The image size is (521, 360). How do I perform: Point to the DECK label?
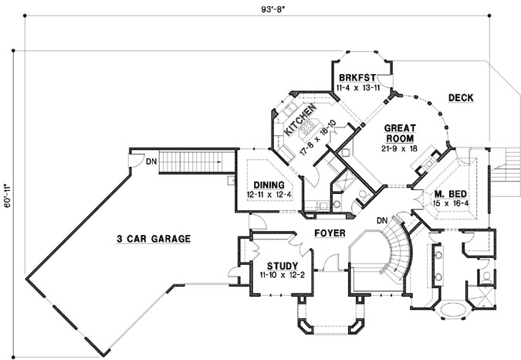tap(460, 97)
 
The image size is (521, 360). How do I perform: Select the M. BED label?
tap(448, 193)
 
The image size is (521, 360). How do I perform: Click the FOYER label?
tap(330, 232)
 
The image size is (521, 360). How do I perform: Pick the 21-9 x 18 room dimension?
tap(399, 148)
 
